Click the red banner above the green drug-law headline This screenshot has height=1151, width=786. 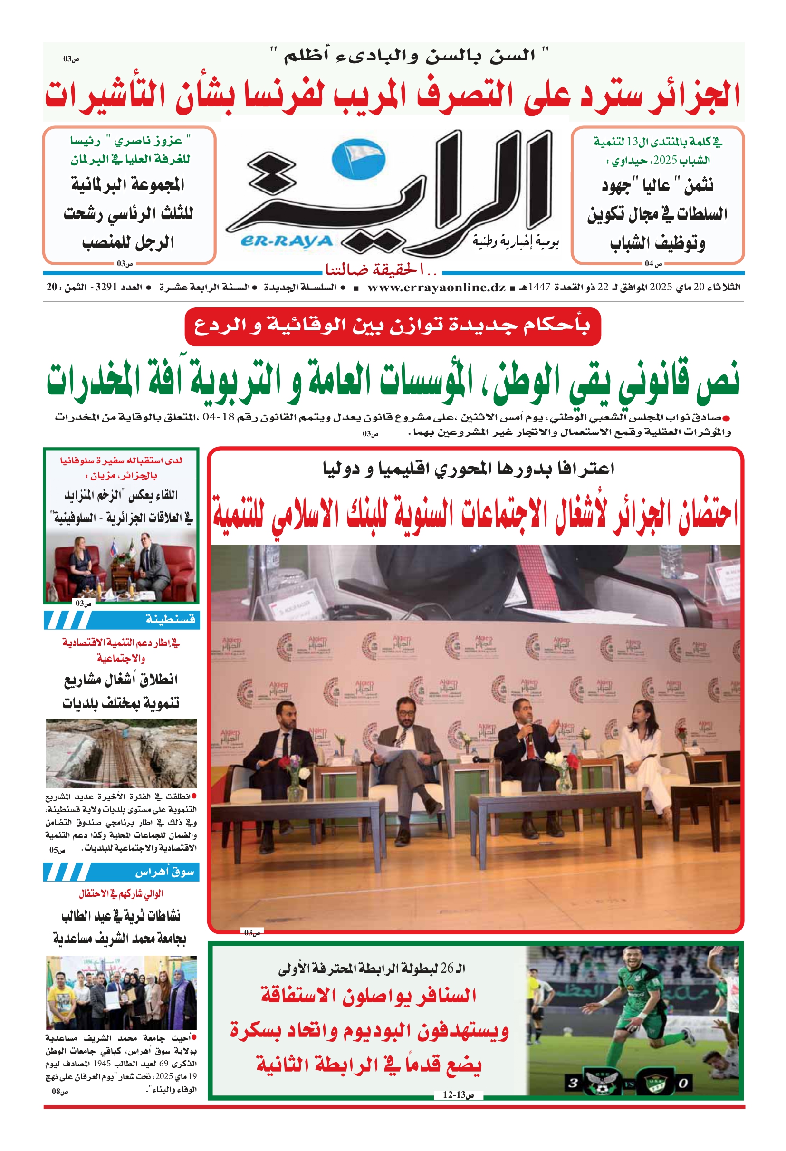click(392, 326)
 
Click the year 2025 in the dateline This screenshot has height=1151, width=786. click(661, 287)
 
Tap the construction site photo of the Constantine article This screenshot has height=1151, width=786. click(121, 753)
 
